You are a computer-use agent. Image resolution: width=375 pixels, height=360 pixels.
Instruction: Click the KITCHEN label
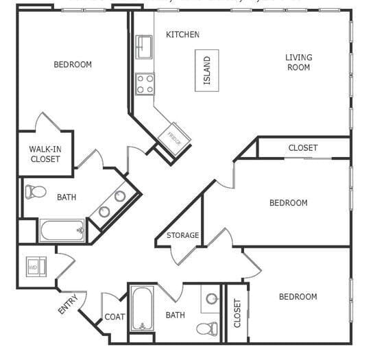(x=182, y=34)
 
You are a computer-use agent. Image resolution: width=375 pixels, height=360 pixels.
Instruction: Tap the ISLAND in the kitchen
(x=206, y=70)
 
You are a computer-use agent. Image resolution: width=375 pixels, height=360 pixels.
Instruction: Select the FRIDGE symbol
(x=174, y=136)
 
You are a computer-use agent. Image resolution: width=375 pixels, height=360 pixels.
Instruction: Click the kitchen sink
(x=143, y=46)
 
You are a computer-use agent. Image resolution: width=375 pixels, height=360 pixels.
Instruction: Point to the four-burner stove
(x=145, y=84)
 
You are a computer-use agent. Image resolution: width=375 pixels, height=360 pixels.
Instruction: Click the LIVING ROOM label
(x=298, y=62)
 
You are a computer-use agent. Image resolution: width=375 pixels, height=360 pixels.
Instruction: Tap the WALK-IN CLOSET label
(x=45, y=154)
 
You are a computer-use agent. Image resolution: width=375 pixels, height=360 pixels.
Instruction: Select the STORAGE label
(x=182, y=235)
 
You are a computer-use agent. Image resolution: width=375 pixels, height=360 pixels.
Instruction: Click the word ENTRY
(x=67, y=303)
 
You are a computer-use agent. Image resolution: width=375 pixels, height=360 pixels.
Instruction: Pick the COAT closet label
(x=114, y=317)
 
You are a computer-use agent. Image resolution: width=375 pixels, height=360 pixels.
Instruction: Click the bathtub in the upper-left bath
(x=62, y=230)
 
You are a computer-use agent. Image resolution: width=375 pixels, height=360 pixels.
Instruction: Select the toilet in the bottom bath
(x=206, y=327)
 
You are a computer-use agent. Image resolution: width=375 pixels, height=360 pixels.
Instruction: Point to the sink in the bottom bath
(x=212, y=299)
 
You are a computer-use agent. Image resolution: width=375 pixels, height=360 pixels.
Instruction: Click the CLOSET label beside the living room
(x=302, y=148)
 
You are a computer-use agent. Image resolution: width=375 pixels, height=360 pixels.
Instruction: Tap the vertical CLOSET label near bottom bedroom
(x=237, y=313)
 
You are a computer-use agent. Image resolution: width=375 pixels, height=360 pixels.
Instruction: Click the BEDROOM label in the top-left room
(x=72, y=64)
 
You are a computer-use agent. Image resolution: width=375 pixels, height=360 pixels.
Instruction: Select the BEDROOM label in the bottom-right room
(x=298, y=296)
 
